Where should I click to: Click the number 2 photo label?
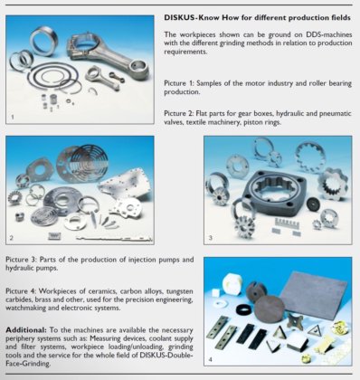[x=12, y=238]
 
